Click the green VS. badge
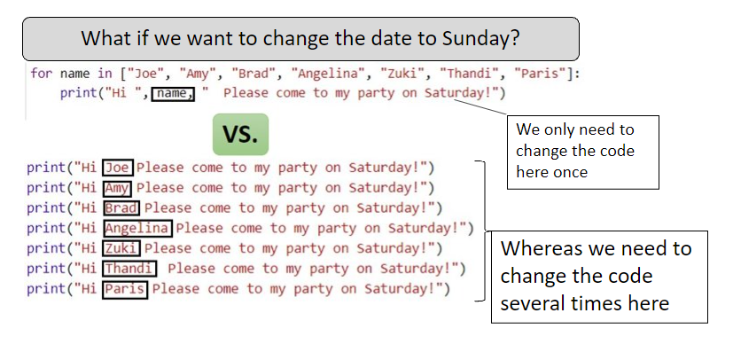click(240, 134)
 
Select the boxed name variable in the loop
click(173, 93)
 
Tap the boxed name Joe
click(118, 168)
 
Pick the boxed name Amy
click(117, 188)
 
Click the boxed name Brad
click(121, 208)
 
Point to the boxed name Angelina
click(137, 228)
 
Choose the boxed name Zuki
click(121, 248)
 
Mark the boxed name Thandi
click(129, 269)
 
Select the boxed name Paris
click(125, 289)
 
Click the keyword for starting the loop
click(41, 74)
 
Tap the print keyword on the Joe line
click(46, 168)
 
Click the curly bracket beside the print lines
click(481, 231)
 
